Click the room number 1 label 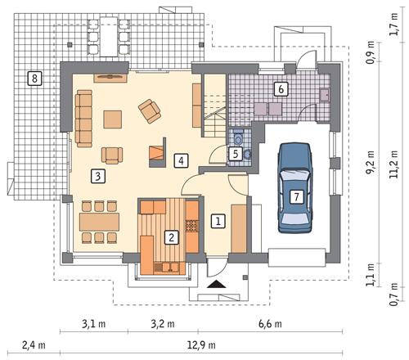[218, 220]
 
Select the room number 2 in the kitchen [171, 238]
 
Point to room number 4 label [181, 160]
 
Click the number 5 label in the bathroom [235, 152]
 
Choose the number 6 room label [281, 89]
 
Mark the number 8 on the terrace [34, 79]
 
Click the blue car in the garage [295, 184]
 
